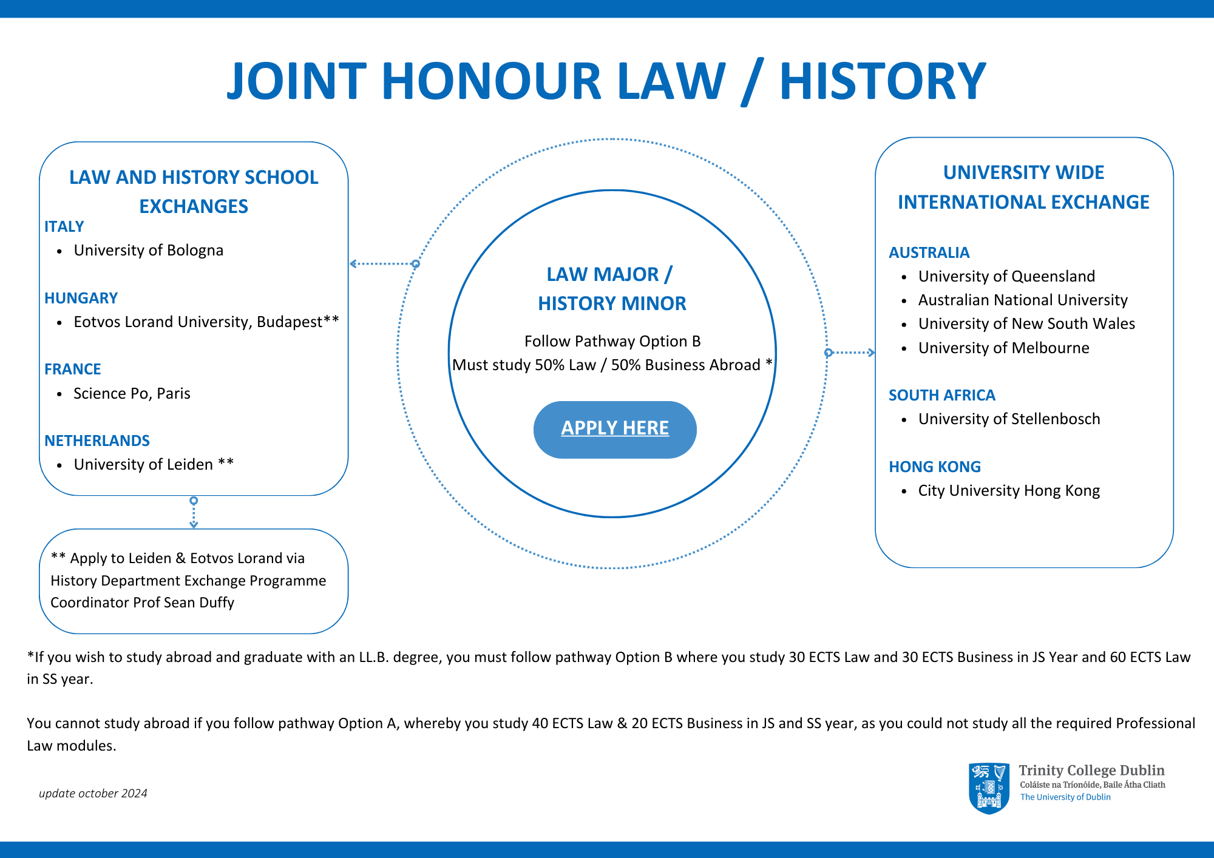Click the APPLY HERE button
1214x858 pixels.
coord(614,429)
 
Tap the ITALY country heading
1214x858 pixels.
coord(64,227)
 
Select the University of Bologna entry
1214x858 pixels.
coord(148,251)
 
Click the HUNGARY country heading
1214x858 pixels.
coord(81,298)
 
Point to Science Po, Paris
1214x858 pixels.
coord(132,394)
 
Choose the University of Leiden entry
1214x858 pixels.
coord(143,465)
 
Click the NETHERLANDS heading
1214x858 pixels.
coord(97,441)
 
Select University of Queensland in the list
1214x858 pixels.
coord(1006,277)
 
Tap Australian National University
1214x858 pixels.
coord(1022,300)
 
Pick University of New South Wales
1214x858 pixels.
coord(1026,324)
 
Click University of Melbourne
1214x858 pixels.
coord(1003,348)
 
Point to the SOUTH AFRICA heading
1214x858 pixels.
coord(941,396)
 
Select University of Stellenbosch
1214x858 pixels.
coord(1009,419)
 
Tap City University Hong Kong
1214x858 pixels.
coord(1008,491)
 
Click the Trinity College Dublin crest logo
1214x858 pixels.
coord(989,788)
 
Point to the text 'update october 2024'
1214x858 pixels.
coord(93,794)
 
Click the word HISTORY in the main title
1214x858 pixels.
coord(882,81)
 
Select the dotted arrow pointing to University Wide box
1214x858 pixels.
coord(851,353)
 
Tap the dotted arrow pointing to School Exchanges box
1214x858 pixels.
coord(382,264)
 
